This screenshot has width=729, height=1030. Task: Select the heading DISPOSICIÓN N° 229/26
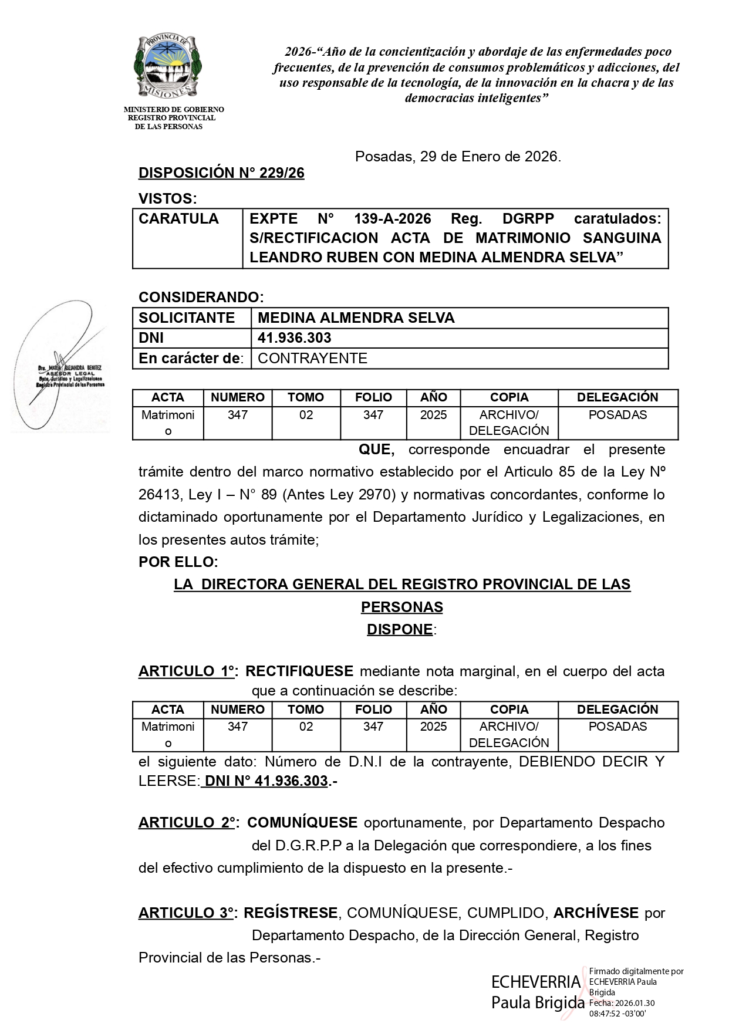point(221,173)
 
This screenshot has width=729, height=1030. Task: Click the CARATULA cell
point(179,219)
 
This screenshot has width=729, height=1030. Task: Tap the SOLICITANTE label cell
point(187,318)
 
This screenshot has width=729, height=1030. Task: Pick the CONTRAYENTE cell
point(312,359)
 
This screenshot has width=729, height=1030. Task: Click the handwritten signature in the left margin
point(59,364)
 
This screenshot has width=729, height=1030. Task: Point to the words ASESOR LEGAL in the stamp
point(70,373)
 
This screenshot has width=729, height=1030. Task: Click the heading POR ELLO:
point(178,562)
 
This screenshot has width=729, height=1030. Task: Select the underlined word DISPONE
point(400,630)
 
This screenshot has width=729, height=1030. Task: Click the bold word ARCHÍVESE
point(596,913)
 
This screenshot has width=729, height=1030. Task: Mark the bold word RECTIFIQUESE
point(299,671)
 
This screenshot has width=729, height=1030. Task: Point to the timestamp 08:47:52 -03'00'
point(617,1014)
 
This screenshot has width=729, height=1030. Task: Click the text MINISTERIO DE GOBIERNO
point(174,110)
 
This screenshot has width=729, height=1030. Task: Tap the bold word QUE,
point(376,450)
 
